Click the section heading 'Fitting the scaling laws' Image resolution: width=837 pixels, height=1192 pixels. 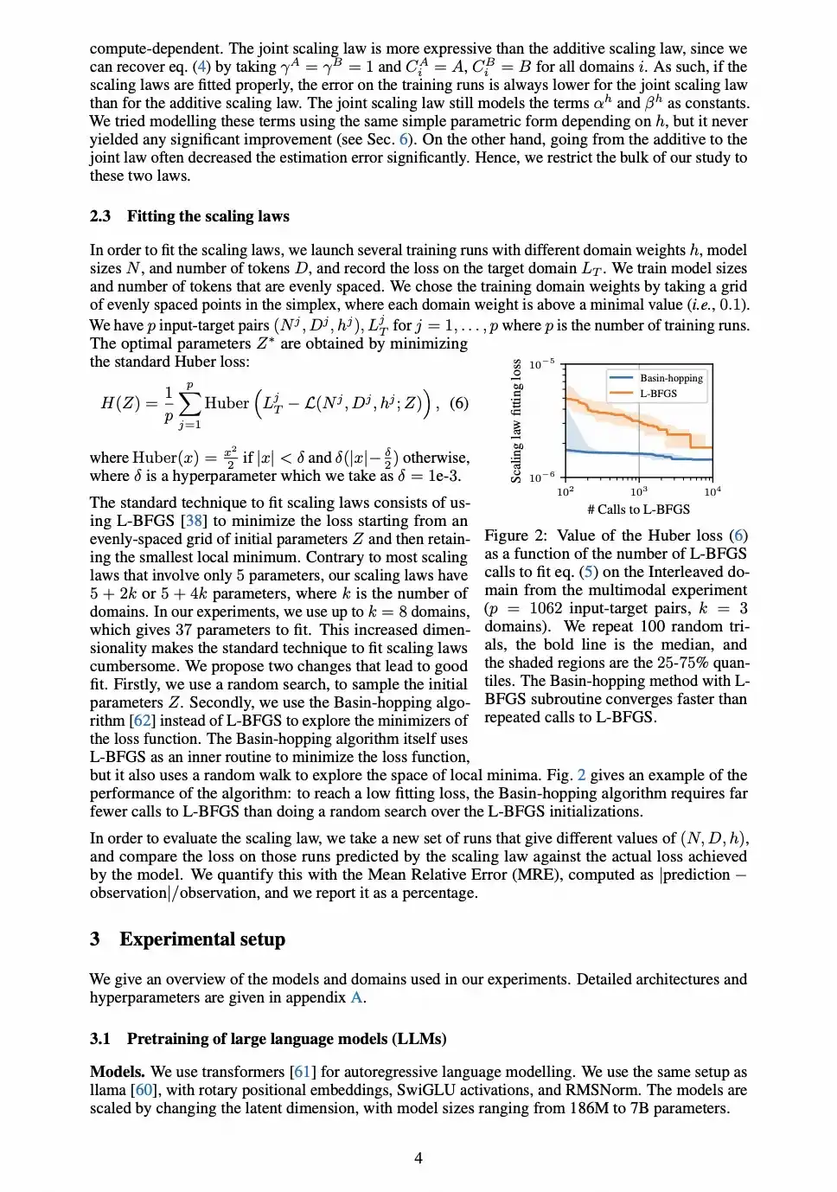pos(208,216)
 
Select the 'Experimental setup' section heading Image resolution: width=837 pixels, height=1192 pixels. pos(201,939)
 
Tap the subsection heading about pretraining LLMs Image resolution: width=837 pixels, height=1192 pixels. pos(286,1039)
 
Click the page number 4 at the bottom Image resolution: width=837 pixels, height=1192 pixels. pos(418,1158)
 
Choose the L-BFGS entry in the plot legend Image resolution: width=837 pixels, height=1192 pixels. pos(658,394)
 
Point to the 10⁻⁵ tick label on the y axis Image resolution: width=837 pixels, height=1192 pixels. pos(541,364)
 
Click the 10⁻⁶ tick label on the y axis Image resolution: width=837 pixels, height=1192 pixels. pos(541,477)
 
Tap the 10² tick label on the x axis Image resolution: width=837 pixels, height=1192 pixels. pos(565,491)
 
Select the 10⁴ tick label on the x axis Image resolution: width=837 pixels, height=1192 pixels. pos(712,491)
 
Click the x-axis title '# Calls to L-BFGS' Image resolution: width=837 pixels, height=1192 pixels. pos(638,509)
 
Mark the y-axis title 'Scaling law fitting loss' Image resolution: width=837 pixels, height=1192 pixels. pos(517,420)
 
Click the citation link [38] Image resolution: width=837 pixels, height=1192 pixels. pos(194,521)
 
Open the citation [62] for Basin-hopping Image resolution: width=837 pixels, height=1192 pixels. pos(142,721)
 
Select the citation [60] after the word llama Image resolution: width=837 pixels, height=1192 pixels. pos(144,1090)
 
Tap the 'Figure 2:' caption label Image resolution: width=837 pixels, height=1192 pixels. pos(515,535)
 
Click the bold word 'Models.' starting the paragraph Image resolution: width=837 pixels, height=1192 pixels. pos(118,1072)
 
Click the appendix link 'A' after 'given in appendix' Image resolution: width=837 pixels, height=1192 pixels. pos(355,997)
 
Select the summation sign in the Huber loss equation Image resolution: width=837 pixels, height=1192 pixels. pos(189,404)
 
